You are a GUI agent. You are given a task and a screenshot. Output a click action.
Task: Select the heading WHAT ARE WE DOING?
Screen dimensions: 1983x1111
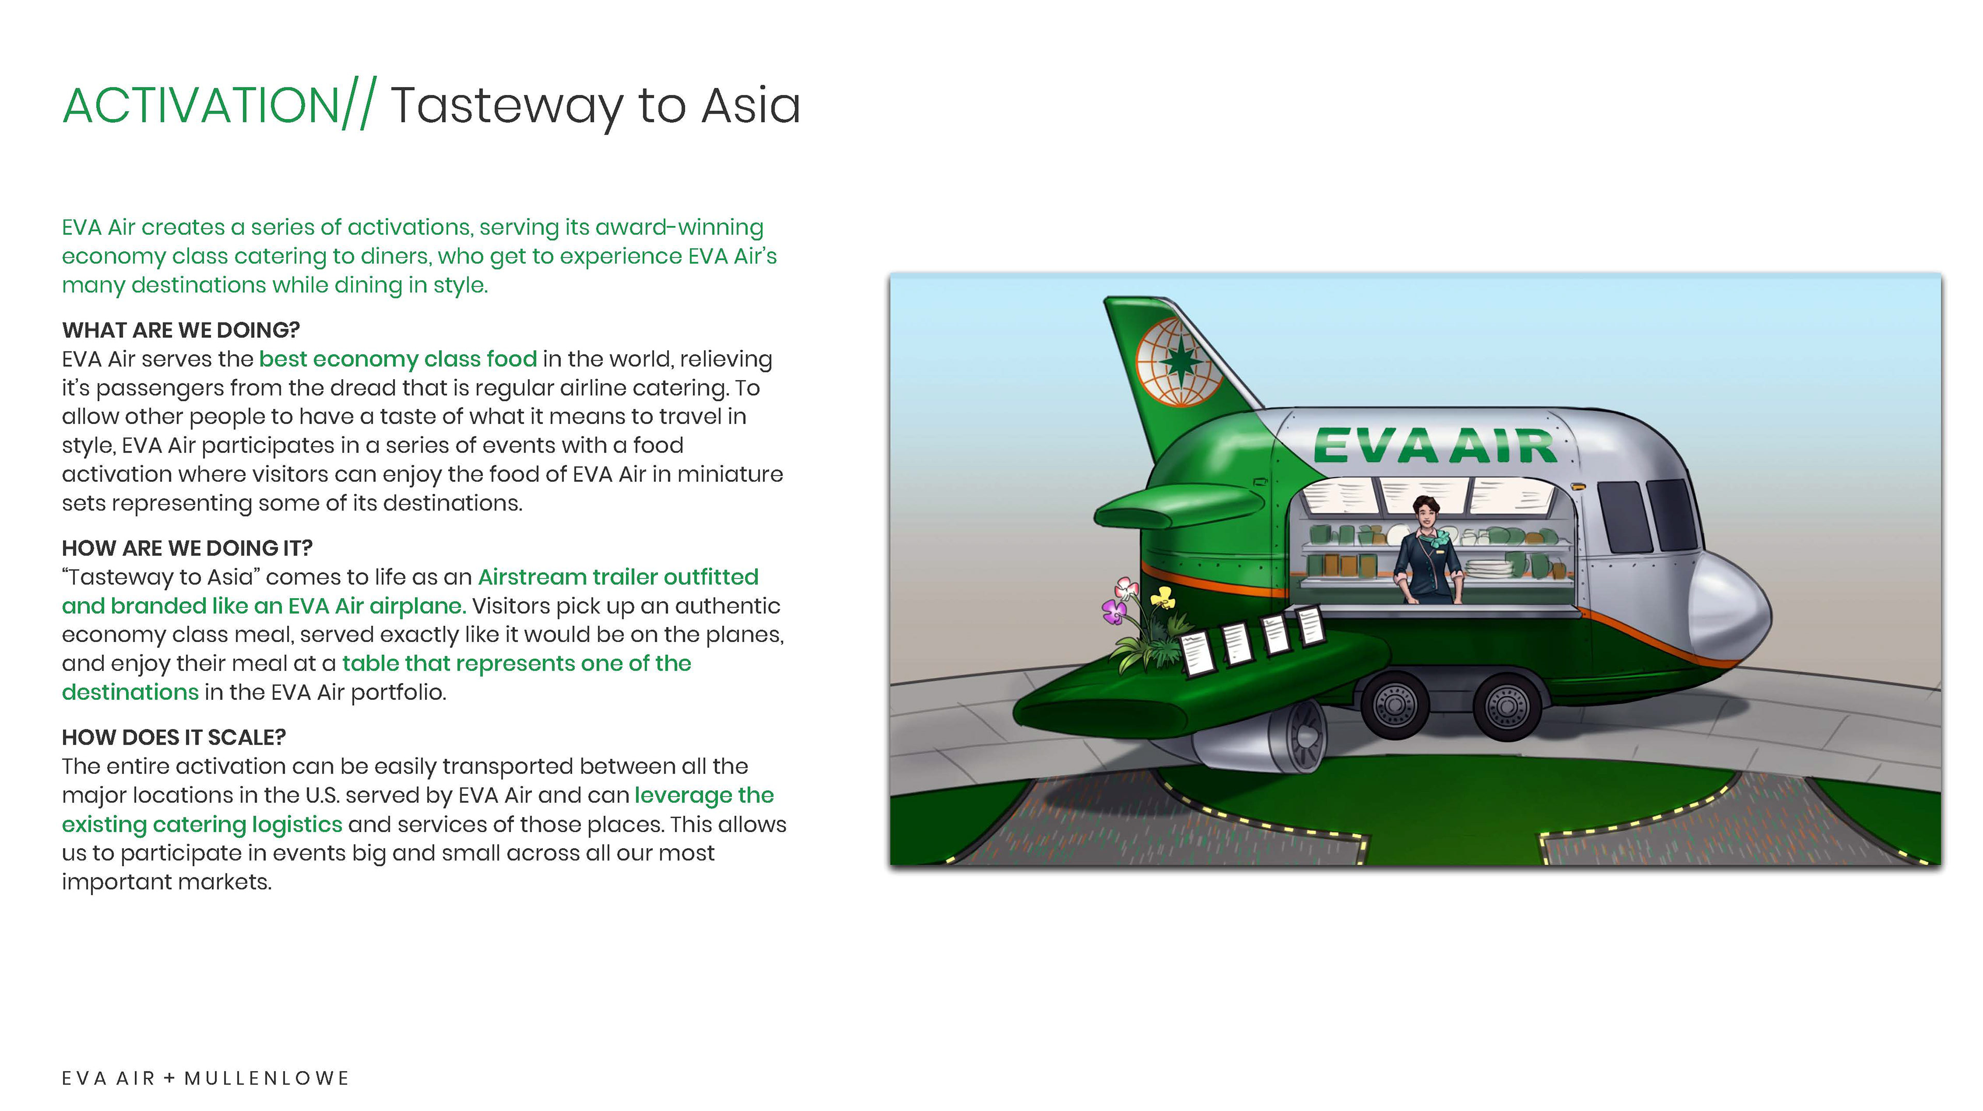(181, 330)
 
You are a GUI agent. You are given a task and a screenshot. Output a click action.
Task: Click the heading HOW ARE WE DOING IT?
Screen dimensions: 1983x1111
(187, 547)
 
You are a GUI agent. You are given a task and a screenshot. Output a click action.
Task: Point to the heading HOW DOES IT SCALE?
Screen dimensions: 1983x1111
(174, 737)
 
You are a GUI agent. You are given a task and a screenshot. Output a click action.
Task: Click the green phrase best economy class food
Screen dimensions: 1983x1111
(398, 359)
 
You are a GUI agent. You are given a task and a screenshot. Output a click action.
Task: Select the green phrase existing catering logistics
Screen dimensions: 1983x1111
(202, 824)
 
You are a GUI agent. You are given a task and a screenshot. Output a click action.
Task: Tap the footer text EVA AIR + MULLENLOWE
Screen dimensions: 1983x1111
(206, 1078)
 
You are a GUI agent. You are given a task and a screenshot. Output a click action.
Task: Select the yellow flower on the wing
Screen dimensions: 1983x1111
(1163, 597)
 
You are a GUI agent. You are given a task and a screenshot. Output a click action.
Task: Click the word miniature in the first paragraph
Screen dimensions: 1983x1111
(730, 474)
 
